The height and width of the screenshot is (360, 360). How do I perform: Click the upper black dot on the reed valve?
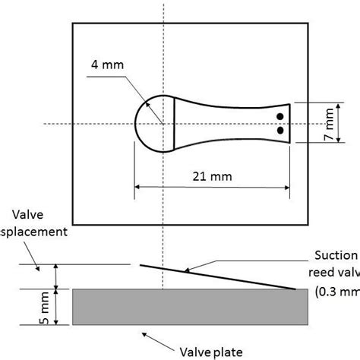tap(280, 117)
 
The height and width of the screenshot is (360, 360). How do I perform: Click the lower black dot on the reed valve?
tap(280, 131)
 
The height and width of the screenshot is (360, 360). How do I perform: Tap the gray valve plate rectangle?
tap(190, 306)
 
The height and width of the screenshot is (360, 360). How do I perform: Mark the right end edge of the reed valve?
tap(289, 123)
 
